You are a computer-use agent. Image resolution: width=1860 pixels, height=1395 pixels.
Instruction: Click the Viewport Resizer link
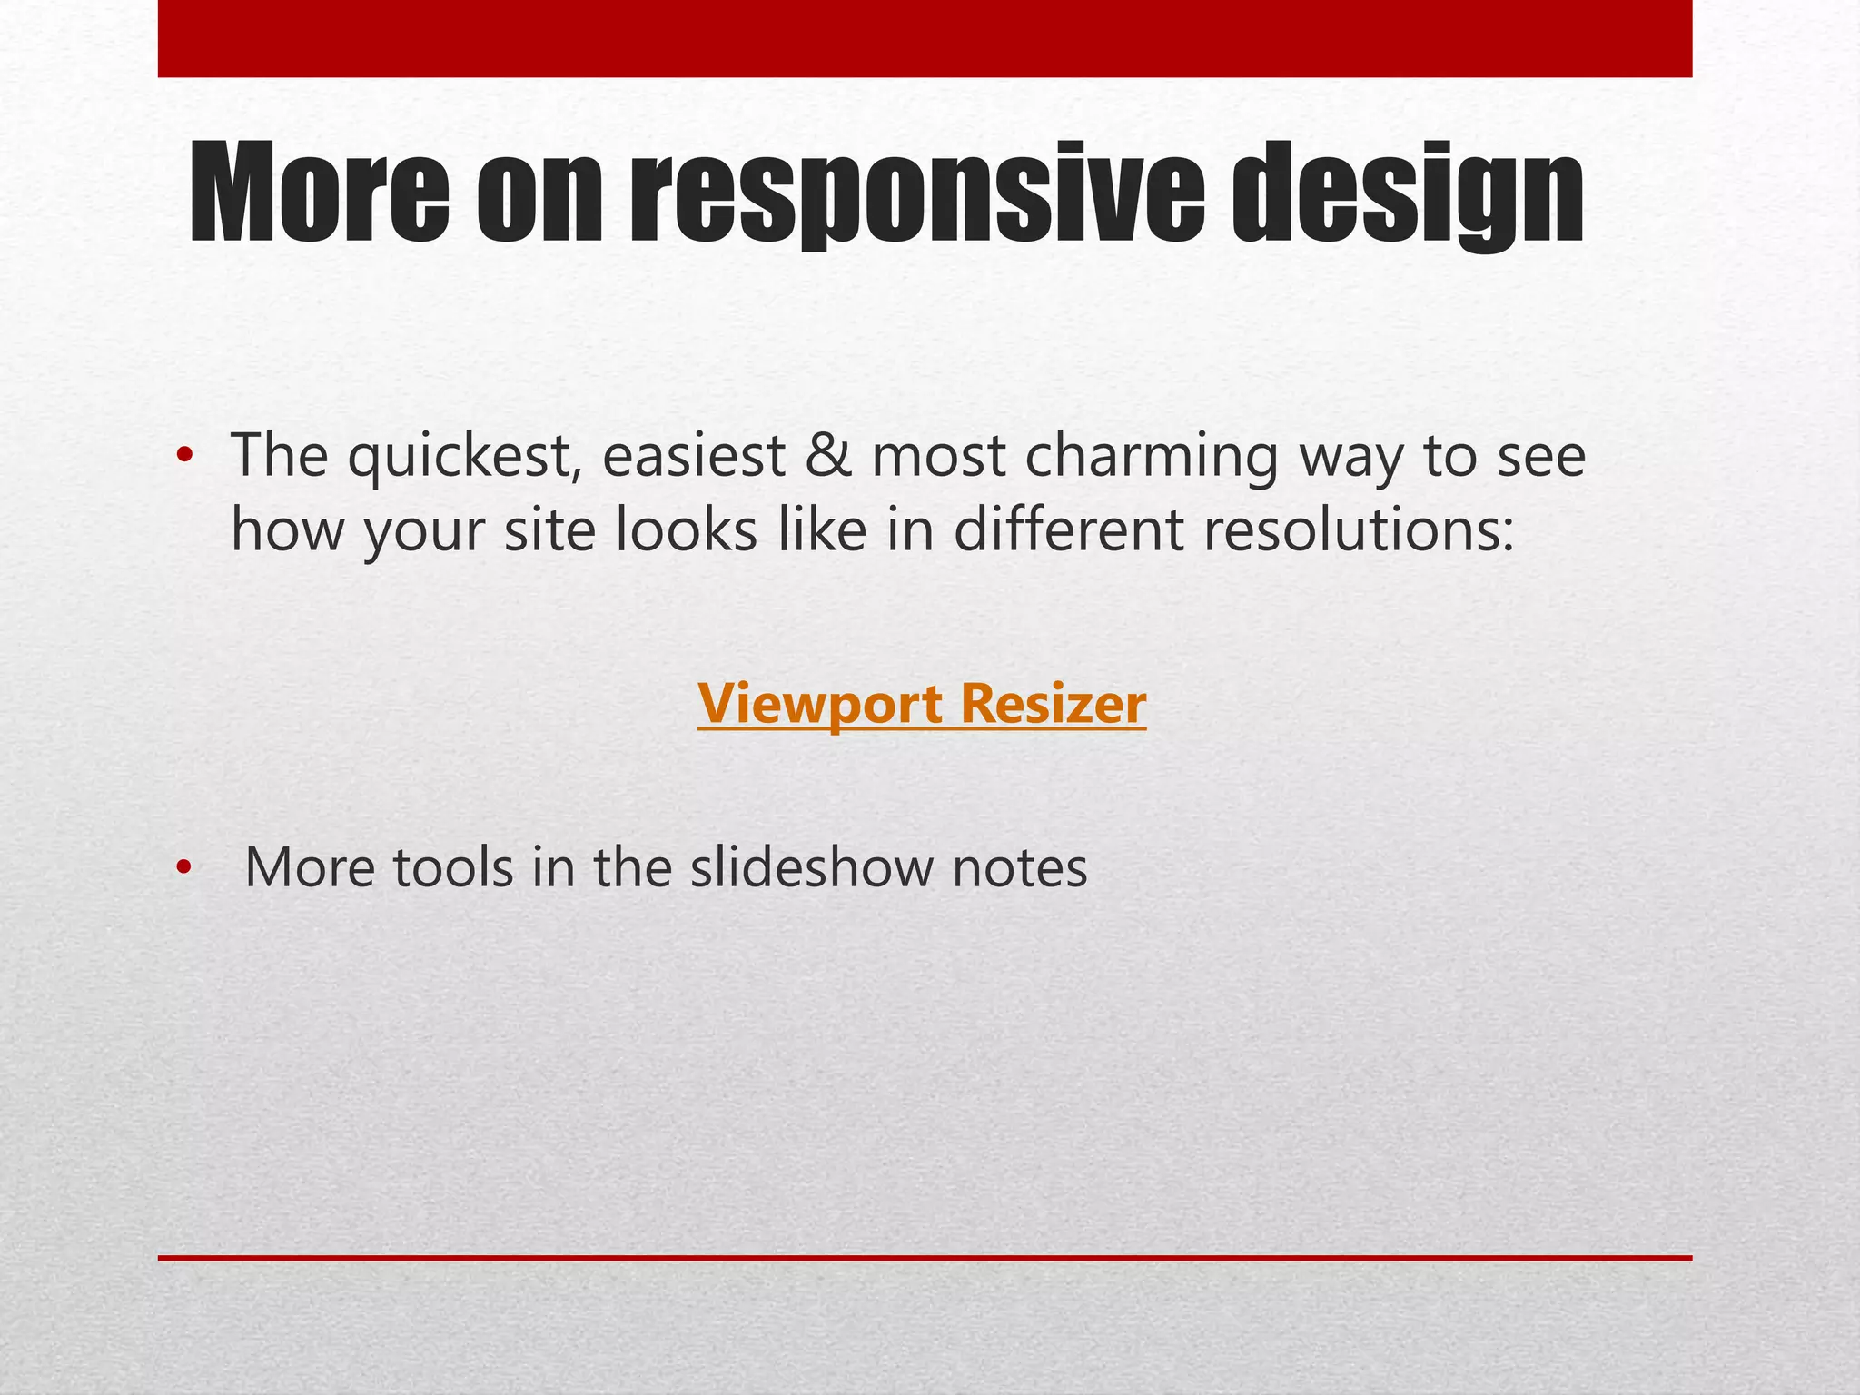[x=922, y=704]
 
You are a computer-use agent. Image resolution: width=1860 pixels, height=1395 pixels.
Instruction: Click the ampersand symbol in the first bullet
[x=828, y=456]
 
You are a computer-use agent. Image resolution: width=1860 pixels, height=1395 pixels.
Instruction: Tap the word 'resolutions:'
[x=1360, y=530]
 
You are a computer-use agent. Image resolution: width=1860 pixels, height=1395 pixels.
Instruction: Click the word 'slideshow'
[x=811, y=867]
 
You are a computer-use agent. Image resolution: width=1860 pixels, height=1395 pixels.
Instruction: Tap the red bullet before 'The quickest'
[x=185, y=456]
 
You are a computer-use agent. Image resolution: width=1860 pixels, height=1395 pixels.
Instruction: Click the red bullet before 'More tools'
[x=185, y=868]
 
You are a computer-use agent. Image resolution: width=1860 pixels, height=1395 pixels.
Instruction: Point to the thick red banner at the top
[x=925, y=38]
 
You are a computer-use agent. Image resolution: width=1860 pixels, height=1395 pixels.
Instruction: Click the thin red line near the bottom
[x=925, y=1258]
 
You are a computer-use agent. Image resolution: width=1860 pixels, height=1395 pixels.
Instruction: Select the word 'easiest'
[x=693, y=456]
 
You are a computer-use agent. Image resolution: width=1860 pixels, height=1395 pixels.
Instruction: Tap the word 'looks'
[x=687, y=530]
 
